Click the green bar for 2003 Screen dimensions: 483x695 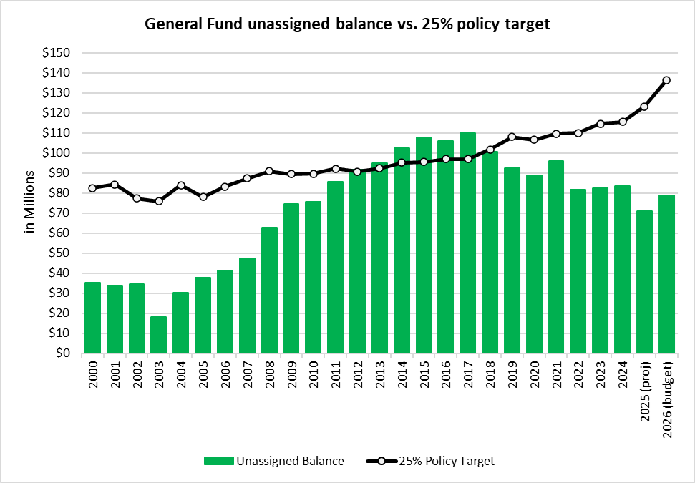(x=158, y=334)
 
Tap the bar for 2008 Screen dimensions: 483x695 (x=269, y=290)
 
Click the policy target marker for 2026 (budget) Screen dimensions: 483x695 (x=666, y=80)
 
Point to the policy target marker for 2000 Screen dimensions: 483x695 (x=92, y=188)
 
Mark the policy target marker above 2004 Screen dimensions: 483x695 (x=181, y=185)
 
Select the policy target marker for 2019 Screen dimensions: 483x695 (x=512, y=137)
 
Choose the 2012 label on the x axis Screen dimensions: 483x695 (x=358, y=374)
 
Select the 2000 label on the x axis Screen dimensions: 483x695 (x=92, y=374)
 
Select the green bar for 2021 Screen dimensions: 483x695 (x=556, y=256)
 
